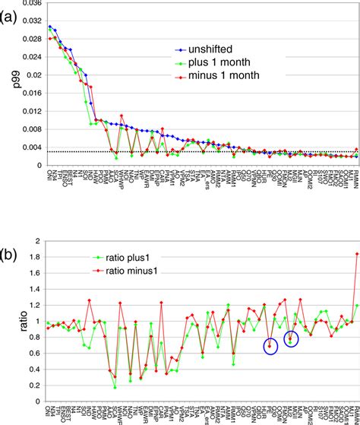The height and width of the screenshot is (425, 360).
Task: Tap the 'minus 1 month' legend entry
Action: pyautogui.click(x=230, y=75)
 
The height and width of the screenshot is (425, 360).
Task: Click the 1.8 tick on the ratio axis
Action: pyautogui.click(x=33, y=257)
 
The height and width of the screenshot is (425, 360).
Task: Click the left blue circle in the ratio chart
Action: pyautogui.click(x=270, y=346)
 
